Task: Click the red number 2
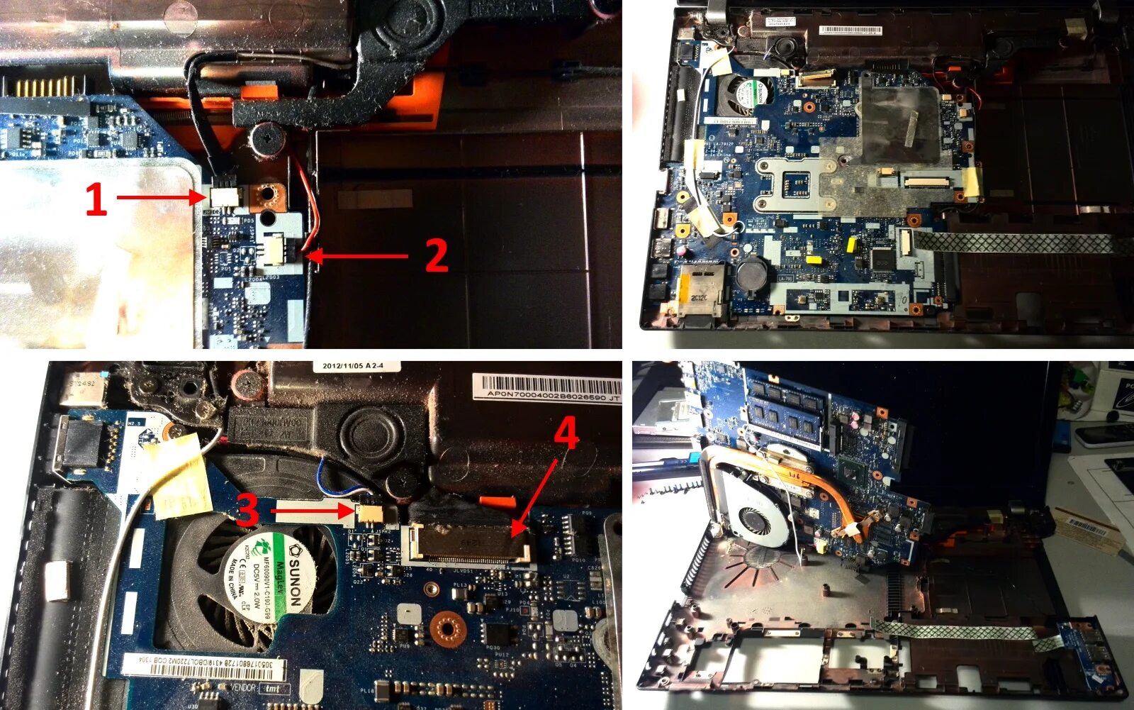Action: (436, 255)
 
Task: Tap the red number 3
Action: (247, 510)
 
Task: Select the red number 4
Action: (566, 433)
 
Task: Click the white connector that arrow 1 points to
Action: (225, 196)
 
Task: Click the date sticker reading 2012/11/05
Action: (352, 366)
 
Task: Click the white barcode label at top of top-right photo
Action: (850, 30)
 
